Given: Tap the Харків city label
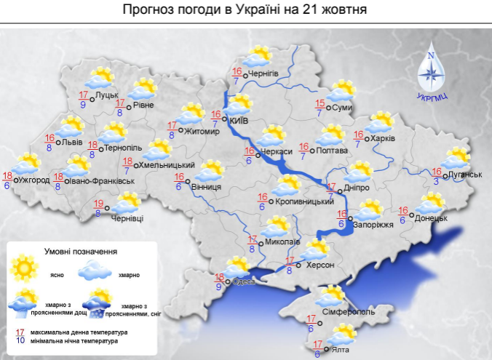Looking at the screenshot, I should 383,138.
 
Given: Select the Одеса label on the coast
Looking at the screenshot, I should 244,282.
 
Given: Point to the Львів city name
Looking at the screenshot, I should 72,142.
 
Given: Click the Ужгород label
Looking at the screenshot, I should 34,179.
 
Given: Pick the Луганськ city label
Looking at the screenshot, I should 467,175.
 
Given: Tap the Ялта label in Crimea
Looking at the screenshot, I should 338,350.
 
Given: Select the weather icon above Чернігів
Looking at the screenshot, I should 258,56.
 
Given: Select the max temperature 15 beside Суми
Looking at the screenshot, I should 320,103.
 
